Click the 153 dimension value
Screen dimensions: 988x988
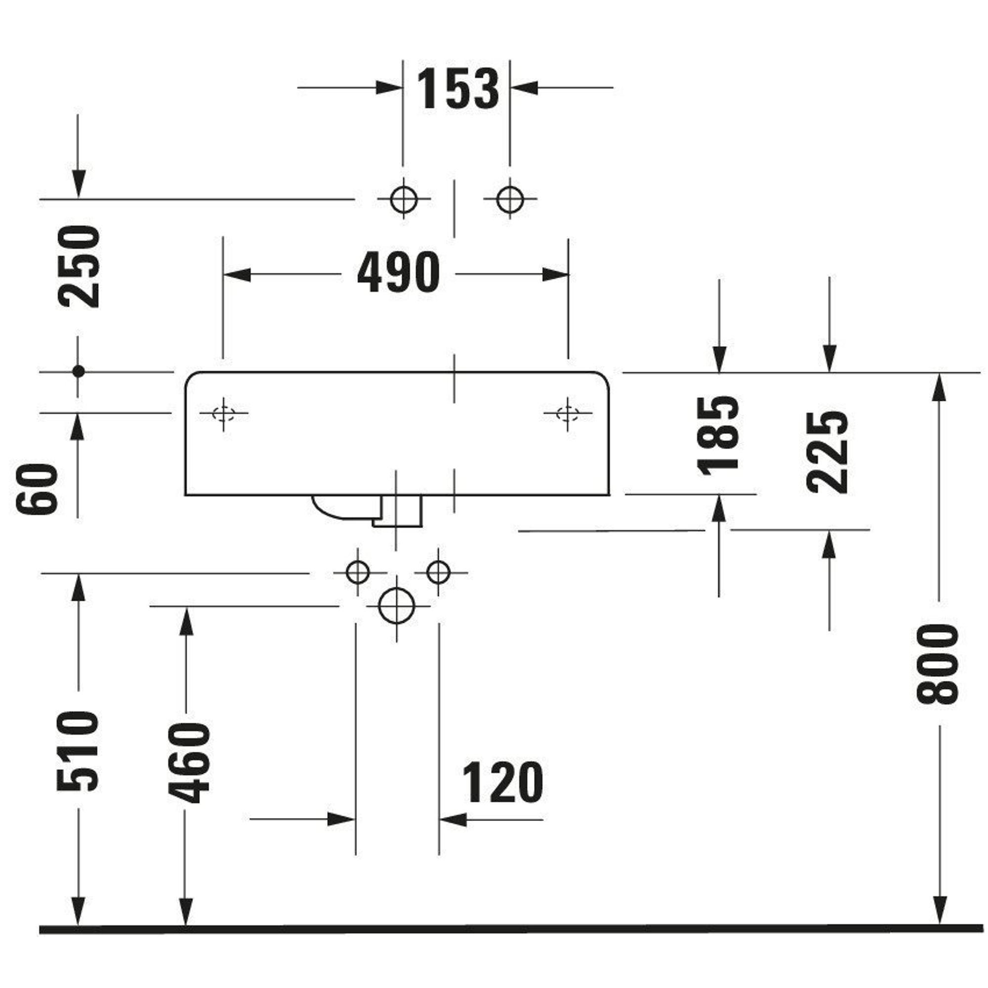(x=458, y=89)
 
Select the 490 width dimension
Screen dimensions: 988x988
(x=398, y=273)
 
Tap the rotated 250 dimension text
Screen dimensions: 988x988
(x=79, y=267)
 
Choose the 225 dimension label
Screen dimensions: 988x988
(x=827, y=452)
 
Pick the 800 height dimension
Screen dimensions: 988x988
(x=938, y=664)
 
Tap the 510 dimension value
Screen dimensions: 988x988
(x=78, y=751)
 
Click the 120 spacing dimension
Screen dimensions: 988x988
(x=502, y=782)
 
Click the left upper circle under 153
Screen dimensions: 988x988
(x=404, y=199)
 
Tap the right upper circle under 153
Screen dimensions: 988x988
(x=510, y=199)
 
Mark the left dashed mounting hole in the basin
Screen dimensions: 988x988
(x=223, y=413)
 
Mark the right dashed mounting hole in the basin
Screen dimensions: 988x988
(x=567, y=413)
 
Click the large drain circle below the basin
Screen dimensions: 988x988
(x=397, y=606)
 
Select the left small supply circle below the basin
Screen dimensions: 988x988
(x=358, y=572)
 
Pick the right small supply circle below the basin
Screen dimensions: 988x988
(x=438, y=572)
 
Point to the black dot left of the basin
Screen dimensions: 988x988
(x=78, y=372)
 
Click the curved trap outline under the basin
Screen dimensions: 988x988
(x=332, y=509)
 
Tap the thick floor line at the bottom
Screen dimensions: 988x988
(x=511, y=929)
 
